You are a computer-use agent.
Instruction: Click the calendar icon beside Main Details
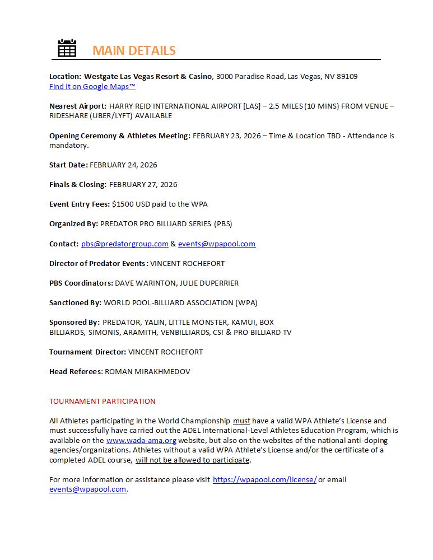67,48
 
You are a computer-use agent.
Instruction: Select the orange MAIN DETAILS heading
134,50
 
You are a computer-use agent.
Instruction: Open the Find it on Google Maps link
92,86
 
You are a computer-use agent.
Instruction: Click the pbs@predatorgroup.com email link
125,244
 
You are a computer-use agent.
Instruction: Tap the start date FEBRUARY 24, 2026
123,165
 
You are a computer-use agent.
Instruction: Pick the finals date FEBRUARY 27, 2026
143,184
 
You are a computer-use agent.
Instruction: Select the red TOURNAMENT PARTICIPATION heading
103,401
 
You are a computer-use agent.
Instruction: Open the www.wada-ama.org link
141,440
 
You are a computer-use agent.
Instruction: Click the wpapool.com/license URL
264,479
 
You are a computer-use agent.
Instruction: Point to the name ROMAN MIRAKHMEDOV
147,371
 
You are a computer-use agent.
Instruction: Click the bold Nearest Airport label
78,106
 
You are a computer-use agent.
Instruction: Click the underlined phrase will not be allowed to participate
192,460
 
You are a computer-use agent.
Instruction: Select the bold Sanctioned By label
75,302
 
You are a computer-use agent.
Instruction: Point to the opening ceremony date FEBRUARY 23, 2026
226,136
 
